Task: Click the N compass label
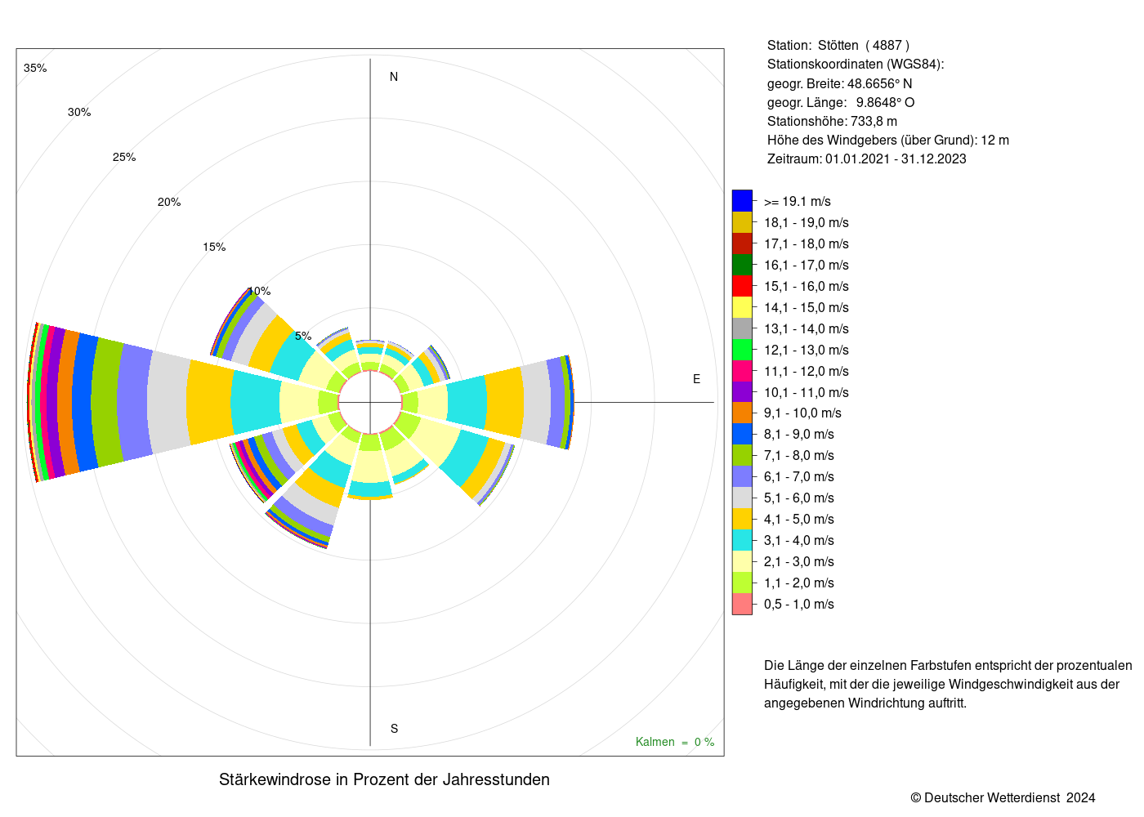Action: click(393, 77)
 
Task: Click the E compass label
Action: click(696, 379)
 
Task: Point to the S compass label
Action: click(394, 729)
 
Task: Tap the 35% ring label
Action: click(35, 68)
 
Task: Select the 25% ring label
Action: click(124, 157)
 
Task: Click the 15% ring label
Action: click(214, 247)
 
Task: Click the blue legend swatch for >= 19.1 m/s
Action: click(742, 201)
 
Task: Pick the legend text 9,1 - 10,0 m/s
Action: click(802, 413)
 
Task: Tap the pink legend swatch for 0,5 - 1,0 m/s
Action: click(742, 604)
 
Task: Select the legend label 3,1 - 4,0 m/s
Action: click(799, 540)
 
